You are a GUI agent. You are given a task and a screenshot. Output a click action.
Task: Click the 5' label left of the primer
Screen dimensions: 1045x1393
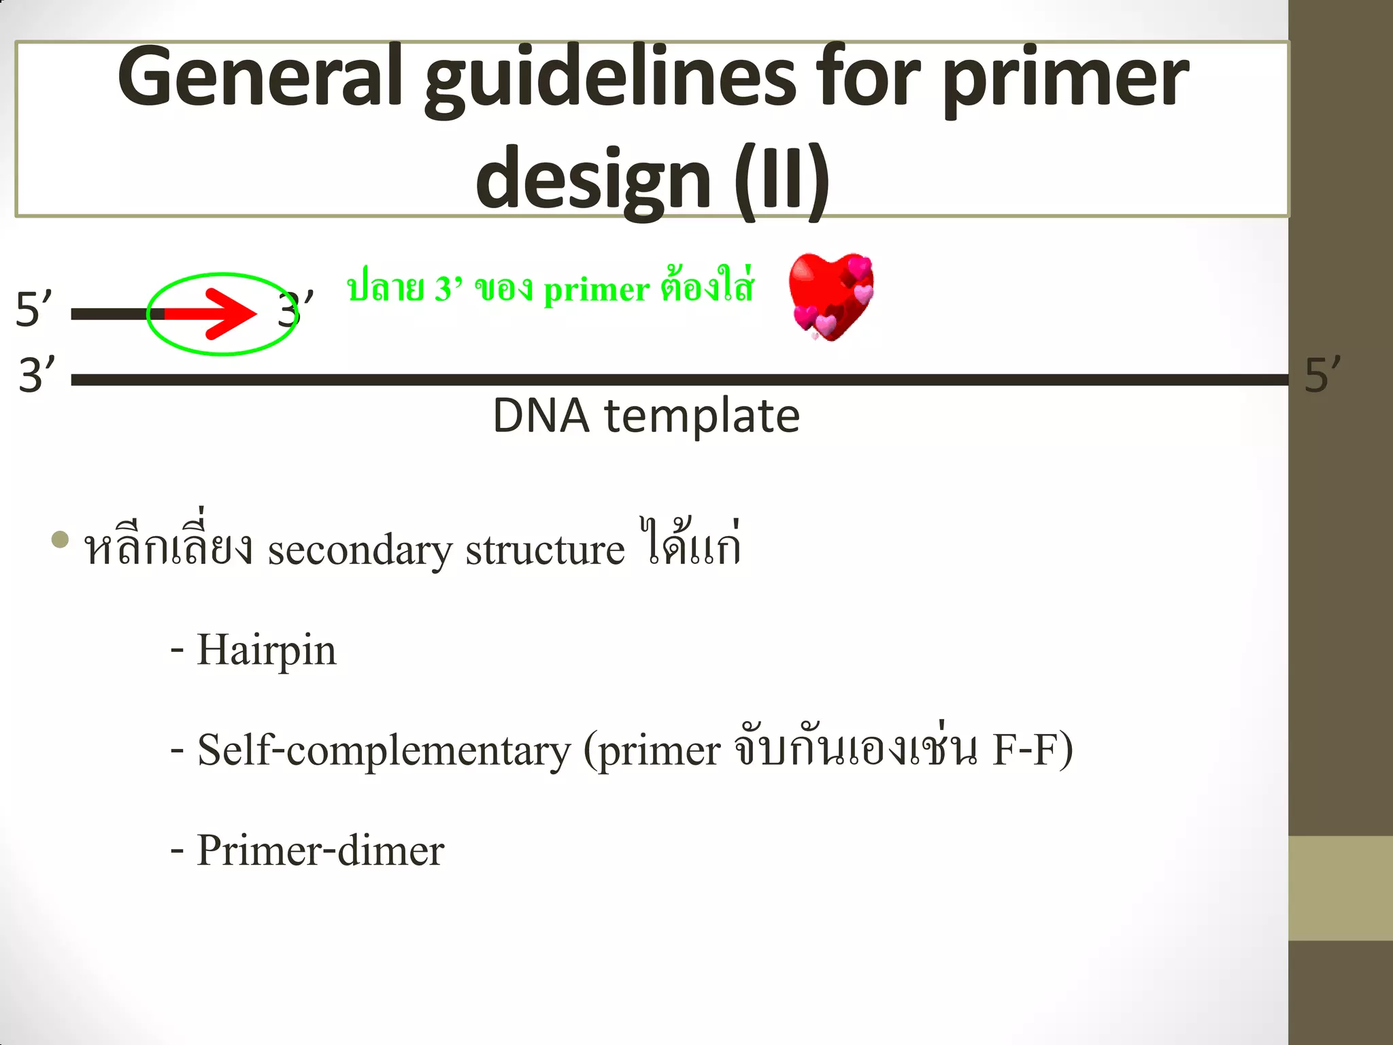(x=33, y=310)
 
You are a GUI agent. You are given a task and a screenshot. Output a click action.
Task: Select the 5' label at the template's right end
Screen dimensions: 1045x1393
(x=1322, y=375)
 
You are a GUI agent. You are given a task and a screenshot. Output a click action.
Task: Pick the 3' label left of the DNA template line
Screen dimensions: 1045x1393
(x=37, y=375)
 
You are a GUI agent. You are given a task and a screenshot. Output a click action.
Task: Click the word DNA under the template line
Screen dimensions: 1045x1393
(x=541, y=416)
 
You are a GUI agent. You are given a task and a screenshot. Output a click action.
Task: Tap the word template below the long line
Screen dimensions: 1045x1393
(x=702, y=416)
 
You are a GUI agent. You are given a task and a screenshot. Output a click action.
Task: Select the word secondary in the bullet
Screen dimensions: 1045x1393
(x=360, y=550)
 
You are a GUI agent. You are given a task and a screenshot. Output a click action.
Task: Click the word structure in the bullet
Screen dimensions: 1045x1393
(x=545, y=550)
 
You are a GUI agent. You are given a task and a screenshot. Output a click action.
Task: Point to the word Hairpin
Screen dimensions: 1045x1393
(x=266, y=650)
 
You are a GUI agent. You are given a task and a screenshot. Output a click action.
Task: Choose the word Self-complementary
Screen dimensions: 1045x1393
(x=384, y=751)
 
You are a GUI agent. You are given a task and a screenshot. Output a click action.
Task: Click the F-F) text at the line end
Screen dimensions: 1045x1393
(x=1033, y=750)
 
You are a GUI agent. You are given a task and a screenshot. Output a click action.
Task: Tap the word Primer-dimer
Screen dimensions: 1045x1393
(x=320, y=850)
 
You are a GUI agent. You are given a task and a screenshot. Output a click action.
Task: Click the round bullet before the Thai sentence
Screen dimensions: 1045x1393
(x=61, y=540)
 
